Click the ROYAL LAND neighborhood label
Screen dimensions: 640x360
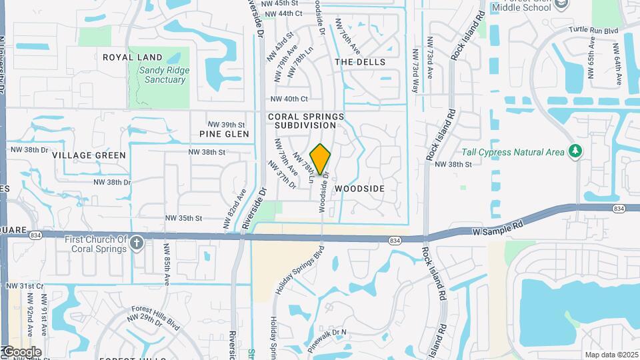[x=133, y=57]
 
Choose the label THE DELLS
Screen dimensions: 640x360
[x=360, y=62]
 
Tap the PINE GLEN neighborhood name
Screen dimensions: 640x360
[x=224, y=134]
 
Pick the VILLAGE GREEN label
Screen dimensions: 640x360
[x=89, y=155]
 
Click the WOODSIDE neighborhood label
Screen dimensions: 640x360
[x=359, y=189]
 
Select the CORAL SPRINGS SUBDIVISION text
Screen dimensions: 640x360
[x=306, y=121]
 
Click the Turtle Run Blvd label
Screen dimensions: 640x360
[x=593, y=31]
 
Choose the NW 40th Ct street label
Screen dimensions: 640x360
[x=289, y=99]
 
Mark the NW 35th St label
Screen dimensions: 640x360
[x=184, y=218]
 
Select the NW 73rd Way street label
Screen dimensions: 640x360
[x=416, y=70]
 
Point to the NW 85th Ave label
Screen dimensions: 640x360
[x=167, y=263]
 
